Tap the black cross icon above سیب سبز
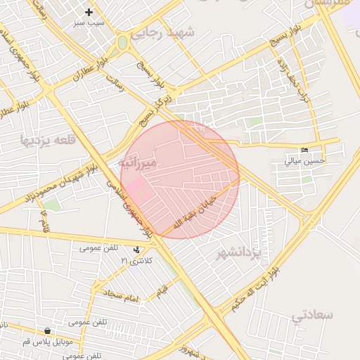[89, 12]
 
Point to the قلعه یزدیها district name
[48, 137]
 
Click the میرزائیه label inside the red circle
[137, 163]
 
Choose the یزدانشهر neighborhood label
[238, 251]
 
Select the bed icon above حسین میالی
[304, 150]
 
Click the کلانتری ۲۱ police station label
[135, 261]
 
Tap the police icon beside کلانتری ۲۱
[136, 250]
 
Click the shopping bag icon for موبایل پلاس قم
[47, 330]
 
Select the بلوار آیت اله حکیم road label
[249, 288]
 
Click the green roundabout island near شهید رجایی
[123, 42]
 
